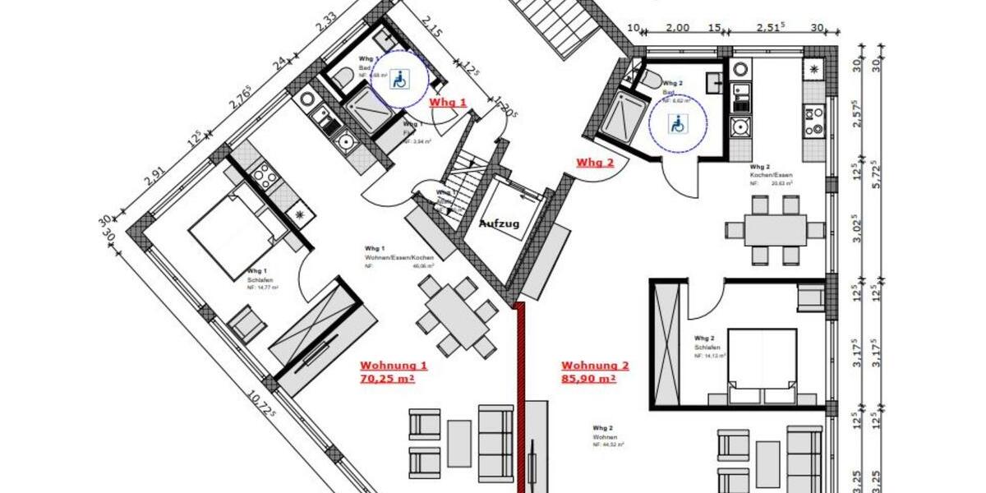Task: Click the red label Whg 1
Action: pyautogui.click(x=449, y=103)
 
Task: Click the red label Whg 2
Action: pyautogui.click(x=595, y=162)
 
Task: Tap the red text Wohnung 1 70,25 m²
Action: pyautogui.click(x=393, y=372)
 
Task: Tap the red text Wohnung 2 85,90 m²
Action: pyautogui.click(x=595, y=372)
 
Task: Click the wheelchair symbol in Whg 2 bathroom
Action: pyautogui.click(x=678, y=124)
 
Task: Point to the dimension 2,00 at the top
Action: pyautogui.click(x=677, y=27)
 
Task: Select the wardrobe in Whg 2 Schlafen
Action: pyautogui.click(x=666, y=342)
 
